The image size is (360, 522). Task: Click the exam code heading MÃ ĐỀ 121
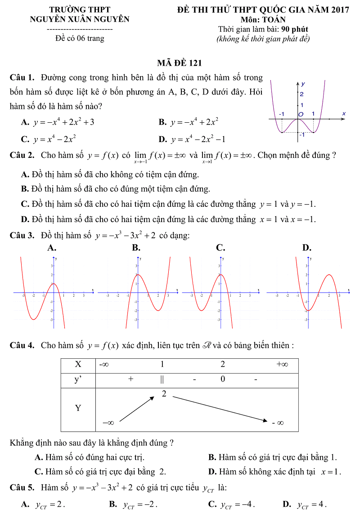[x=179, y=63]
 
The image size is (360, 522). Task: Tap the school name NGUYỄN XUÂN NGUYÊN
[x=80, y=19]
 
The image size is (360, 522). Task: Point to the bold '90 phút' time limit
[x=295, y=30]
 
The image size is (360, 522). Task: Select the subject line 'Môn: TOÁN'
[x=263, y=20]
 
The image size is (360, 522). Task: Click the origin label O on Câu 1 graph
[x=301, y=114]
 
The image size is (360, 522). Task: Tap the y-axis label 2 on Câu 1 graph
[x=302, y=94]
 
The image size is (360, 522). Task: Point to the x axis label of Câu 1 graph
[x=343, y=114]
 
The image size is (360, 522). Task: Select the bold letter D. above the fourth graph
[x=307, y=248]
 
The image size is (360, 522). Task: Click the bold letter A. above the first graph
[x=52, y=248]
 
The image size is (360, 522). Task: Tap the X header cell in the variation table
[x=78, y=365]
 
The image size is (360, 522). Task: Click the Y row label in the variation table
[x=78, y=408]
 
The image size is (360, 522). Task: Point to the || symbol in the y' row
[x=162, y=379]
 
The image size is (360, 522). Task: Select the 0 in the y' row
[x=223, y=379]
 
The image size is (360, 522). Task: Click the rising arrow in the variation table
[x=137, y=408]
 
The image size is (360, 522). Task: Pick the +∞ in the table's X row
[x=282, y=365]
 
